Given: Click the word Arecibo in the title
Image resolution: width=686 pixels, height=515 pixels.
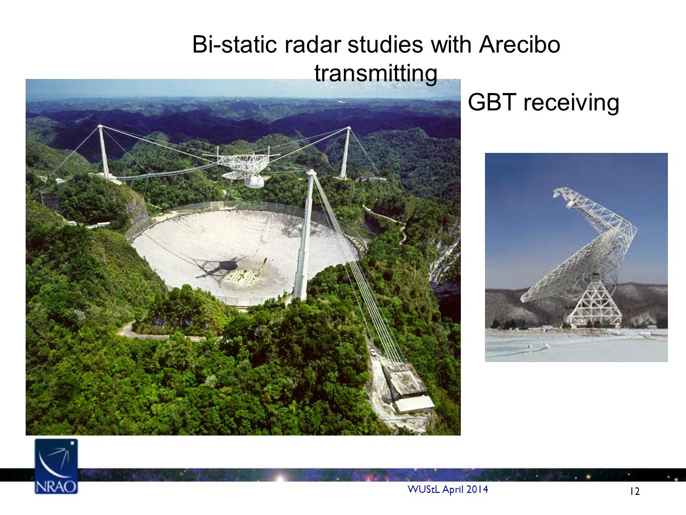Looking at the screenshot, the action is pyautogui.click(x=520, y=44).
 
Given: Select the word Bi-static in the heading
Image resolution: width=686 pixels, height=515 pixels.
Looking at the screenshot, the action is pyautogui.click(x=234, y=44).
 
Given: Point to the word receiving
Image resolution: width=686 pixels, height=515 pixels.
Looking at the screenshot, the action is pyautogui.click(x=571, y=103).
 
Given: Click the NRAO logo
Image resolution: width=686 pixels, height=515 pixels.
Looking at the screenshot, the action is pyautogui.click(x=56, y=466).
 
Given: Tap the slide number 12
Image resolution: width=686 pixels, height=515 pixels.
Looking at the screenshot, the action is pyautogui.click(x=635, y=491).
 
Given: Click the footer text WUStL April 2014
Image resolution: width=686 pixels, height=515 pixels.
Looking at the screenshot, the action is pyautogui.click(x=448, y=489).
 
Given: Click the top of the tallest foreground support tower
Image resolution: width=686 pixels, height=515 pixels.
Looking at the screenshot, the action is pyautogui.click(x=311, y=172).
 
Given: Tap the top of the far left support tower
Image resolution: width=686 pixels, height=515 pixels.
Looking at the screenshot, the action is pyautogui.click(x=100, y=126).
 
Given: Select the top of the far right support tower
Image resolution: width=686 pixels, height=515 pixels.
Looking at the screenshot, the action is pyautogui.click(x=348, y=128).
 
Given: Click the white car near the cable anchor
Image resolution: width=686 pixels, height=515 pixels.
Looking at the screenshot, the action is pyautogui.click(x=373, y=352).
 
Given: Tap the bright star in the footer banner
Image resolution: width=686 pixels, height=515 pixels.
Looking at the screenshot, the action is pyautogui.click(x=280, y=477).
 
